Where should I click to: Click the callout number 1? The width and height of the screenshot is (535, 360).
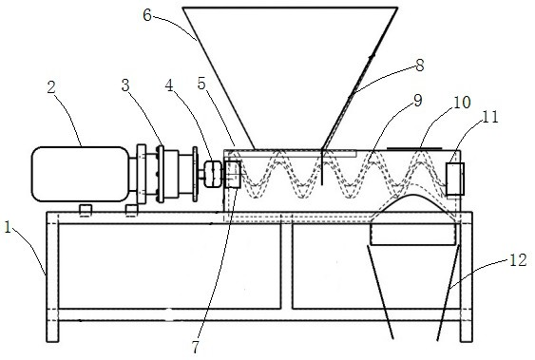click(x=9, y=228)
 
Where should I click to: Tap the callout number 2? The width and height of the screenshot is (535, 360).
click(x=51, y=87)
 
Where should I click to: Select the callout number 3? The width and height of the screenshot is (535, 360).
click(x=125, y=85)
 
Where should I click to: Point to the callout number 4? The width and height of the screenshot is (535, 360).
click(x=169, y=85)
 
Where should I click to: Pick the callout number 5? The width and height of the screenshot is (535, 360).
click(x=202, y=84)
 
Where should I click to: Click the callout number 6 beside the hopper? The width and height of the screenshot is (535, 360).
click(x=147, y=15)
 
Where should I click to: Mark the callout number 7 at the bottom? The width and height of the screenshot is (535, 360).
click(x=196, y=348)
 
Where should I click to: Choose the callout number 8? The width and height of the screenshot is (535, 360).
click(x=419, y=65)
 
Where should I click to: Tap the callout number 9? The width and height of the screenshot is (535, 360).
click(x=417, y=101)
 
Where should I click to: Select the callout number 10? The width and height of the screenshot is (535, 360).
click(x=462, y=102)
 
